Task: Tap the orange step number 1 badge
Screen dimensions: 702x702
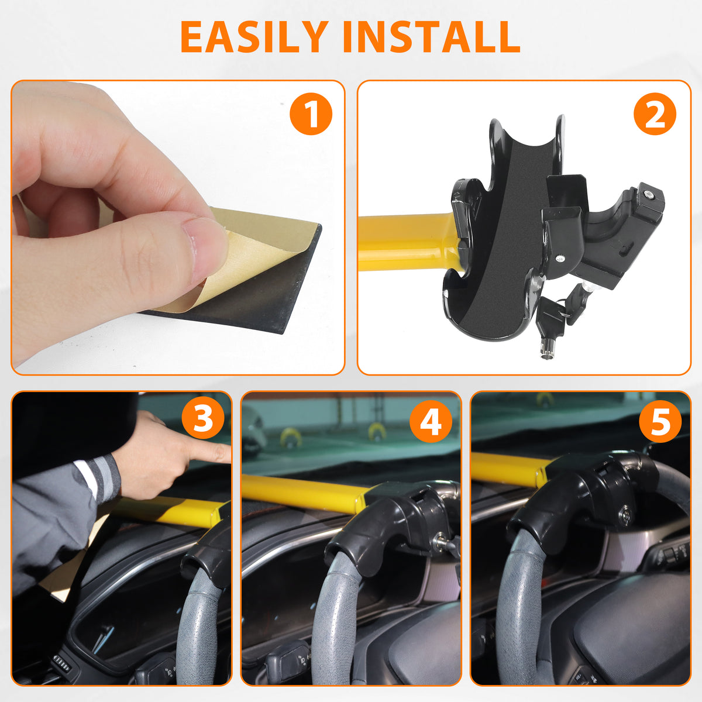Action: (311, 114)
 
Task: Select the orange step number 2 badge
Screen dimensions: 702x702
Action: (655, 114)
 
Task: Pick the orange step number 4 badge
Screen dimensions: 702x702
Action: (431, 420)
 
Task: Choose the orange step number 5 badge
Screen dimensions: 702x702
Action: (660, 420)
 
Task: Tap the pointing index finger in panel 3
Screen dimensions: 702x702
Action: (208, 452)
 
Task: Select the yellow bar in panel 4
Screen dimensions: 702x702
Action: (298, 491)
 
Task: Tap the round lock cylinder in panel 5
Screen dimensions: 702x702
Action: (627, 516)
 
